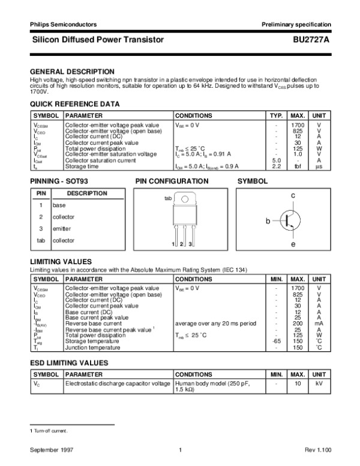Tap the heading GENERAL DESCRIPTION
point(72,71)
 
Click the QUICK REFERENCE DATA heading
point(71,104)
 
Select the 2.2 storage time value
point(277,166)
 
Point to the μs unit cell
point(319,166)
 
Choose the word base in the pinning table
point(59,205)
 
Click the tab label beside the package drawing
point(168,198)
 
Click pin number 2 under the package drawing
point(181,244)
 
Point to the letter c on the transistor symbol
point(293,196)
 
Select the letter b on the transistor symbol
point(269,222)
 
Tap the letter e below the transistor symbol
point(293,244)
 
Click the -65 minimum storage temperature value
point(277,341)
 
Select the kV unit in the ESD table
point(319,383)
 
